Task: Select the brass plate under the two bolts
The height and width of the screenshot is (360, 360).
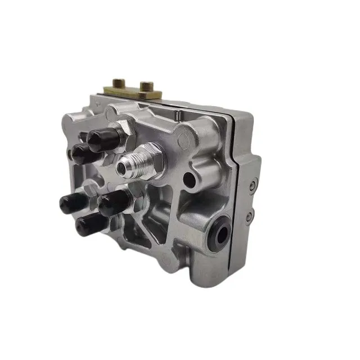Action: click(133, 92)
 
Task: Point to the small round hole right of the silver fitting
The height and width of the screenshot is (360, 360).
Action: click(190, 181)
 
